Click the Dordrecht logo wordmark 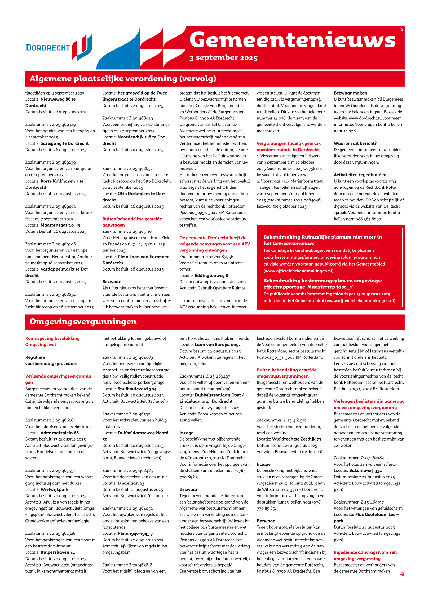point(48,48)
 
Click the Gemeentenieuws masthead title point(292,40)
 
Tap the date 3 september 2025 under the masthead point(223,58)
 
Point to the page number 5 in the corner point(402,29)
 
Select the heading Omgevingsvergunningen point(83,321)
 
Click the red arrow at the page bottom point(402,574)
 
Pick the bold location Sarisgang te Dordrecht point(64,143)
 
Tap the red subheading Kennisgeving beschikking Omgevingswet point(52,341)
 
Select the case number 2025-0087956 point(206,257)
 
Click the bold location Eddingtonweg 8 point(211,275)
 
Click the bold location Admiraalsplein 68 point(59,433)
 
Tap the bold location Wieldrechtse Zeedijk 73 point(297,439)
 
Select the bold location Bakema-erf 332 point(365,470)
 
